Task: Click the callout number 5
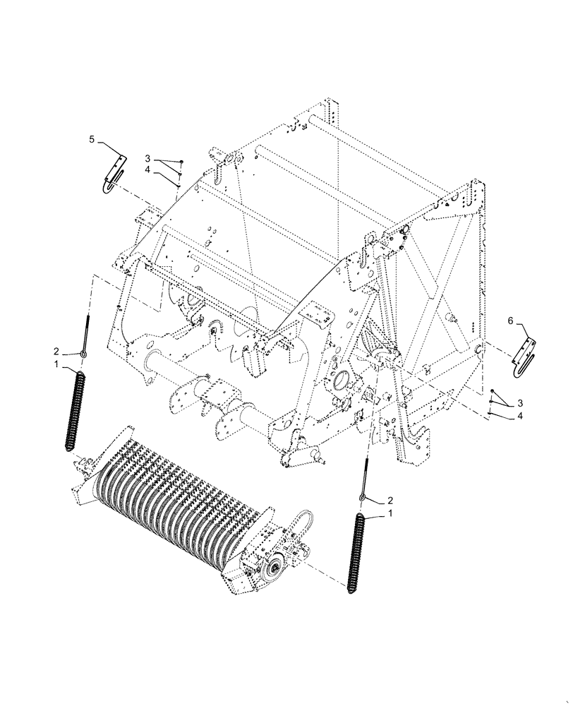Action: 92,140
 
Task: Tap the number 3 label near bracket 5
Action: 148,158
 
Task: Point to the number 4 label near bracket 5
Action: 148,170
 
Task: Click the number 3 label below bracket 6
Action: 521,402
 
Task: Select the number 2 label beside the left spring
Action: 55,351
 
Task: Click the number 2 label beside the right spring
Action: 390,500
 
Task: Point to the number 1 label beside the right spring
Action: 390,515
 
